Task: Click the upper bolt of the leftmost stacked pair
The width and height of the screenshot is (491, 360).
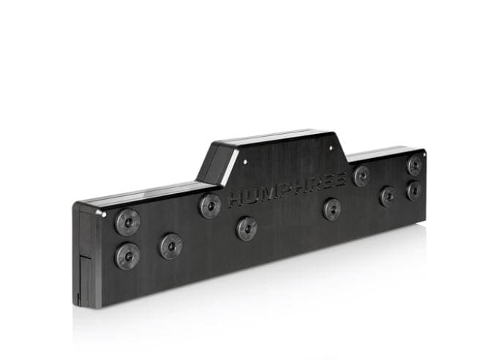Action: (128, 222)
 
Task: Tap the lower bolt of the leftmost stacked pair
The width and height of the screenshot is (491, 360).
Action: (127, 256)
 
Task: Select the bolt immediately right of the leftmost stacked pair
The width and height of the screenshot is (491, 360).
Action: (171, 246)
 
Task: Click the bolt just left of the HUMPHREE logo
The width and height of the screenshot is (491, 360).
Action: (211, 206)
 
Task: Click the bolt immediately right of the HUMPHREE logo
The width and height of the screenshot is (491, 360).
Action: (361, 176)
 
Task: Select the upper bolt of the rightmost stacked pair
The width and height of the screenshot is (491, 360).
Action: (415, 165)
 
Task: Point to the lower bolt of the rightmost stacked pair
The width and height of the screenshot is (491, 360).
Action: (414, 191)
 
